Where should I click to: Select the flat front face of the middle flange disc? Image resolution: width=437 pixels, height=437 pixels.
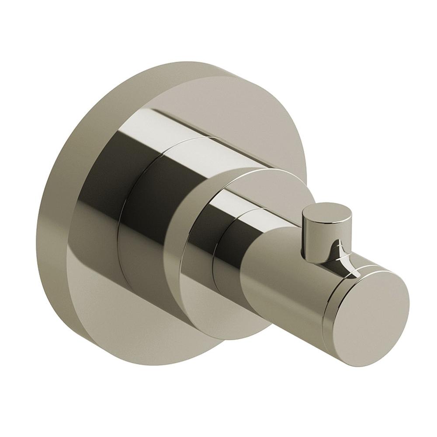(x=192, y=280)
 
